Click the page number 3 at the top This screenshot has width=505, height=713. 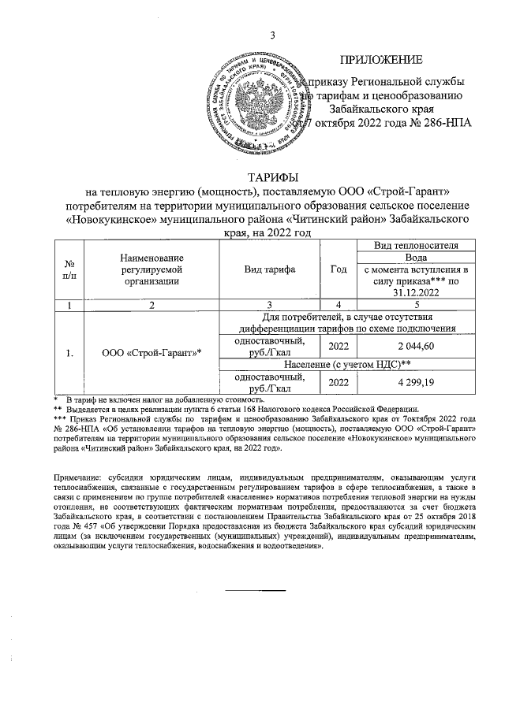coord(272,35)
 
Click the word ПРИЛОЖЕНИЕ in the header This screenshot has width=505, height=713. coord(381,60)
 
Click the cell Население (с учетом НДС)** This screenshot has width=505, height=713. coord(350,364)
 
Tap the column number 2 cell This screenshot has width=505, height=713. coord(152,304)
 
